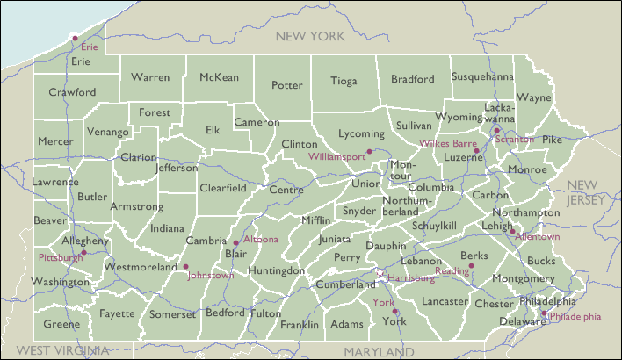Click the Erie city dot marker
pyautogui.click(x=76, y=38)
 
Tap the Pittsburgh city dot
pyautogui.click(x=83, y=252)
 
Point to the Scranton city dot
pyautogui.click(x=496, y=130)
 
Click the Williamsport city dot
pyautogui.click(x=370, y=151)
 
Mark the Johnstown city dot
pyautogui.click(x=185, y=267)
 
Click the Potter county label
pyautogui.click(x=286, y=85)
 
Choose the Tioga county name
pyautogui.click(x=344, y=82)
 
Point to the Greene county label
pyautogui.click(x=61, y=324)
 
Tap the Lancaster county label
pyautogui.click(x=445, y=300)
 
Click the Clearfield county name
pyautogui.click(x=222, y=188)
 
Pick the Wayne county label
pyautogui.click(x=533, y=97)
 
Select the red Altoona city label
pyautogui.click(x=260, y=239)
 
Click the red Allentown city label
pyautogui.click(x=537, y=237)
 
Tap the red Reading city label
pyautogui.click(x=452, y=271)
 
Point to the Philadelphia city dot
pyautogui.click(x=544, y=313)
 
